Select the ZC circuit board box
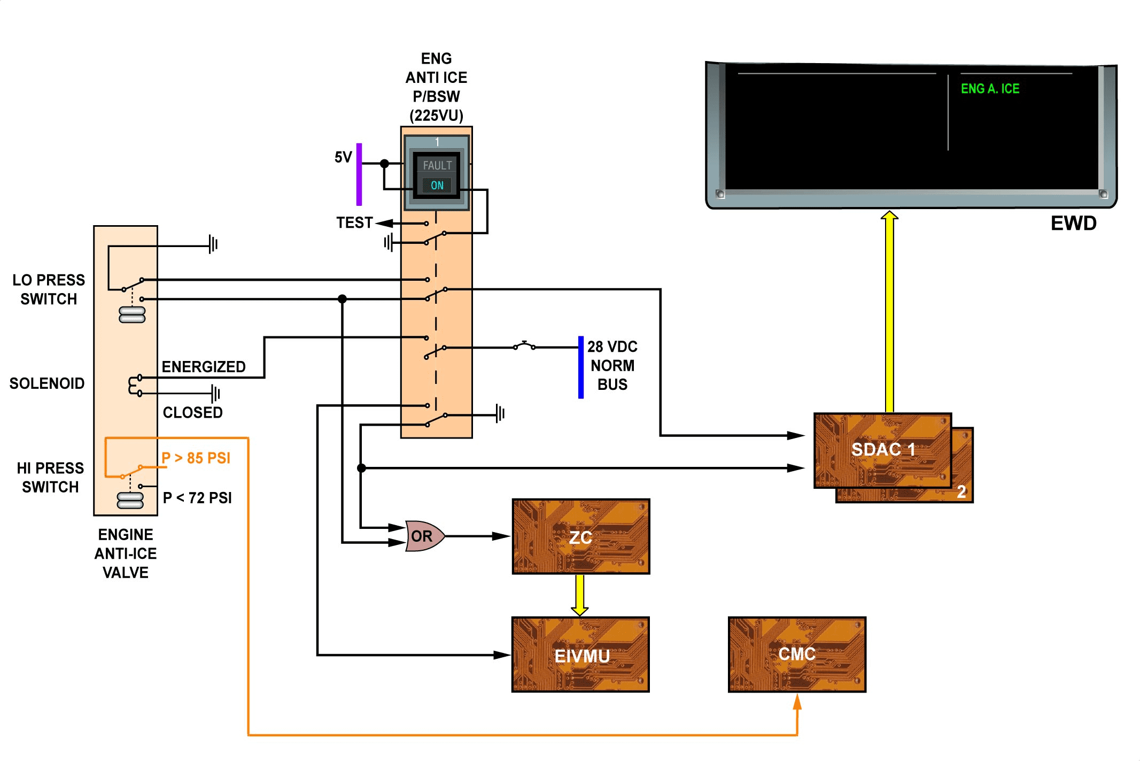(581, 536)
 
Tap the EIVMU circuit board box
(580, 655)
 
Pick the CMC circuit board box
(797, 655)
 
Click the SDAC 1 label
(883, 449)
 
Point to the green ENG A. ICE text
(990, 89)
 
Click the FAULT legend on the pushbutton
(437, 166)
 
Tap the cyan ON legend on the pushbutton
(437, 186)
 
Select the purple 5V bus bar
(359, 174)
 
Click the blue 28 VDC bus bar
(581, 367)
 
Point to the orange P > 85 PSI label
(196, 458)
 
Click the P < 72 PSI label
(197, 498)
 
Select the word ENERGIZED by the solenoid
(204, 367)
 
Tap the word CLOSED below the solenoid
(192, 412)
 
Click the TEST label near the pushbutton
(354, 222)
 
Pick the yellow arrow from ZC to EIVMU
(580, 595)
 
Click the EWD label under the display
(1073, 223)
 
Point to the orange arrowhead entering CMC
(797, 701)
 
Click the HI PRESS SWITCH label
(50, 478)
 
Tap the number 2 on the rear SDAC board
(961, 491)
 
